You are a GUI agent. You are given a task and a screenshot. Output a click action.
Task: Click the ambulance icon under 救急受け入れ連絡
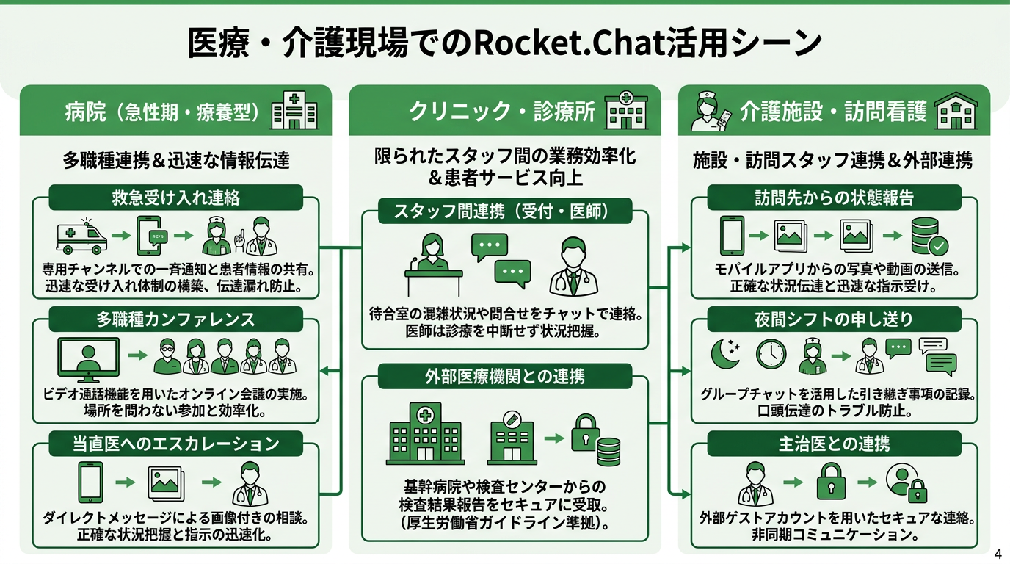point(81,236)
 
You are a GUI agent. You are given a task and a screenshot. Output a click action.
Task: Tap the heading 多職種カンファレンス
point(175,319)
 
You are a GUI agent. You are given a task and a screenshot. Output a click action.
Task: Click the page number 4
point(997,554)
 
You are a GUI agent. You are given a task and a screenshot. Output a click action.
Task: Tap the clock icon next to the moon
point(771,355)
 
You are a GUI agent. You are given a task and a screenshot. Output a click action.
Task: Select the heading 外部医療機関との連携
point(505,377)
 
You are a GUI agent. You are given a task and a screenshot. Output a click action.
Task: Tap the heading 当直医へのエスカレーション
point(175,444)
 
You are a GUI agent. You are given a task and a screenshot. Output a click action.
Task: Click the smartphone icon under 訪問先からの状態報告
point(732,236)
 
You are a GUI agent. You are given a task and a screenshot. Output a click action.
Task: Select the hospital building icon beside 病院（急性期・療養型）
point(295,112)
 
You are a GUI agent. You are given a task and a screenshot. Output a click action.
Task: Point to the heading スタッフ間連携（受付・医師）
point(505,212)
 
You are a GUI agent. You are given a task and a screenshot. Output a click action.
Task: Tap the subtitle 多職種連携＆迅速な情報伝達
point(175,161)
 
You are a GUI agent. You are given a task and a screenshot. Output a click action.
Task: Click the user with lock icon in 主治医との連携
point(906,482)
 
